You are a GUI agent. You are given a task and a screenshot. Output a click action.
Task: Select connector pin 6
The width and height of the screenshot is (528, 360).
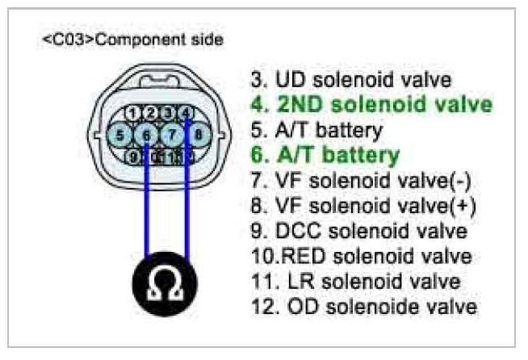(146, 133)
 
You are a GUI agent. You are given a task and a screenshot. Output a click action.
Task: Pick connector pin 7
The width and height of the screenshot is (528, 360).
(173, 133)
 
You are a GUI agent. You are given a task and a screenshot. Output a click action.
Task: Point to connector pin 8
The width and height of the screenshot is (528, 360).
(198, 133)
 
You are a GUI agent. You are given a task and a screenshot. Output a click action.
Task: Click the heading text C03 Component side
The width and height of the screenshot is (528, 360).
(132, 39)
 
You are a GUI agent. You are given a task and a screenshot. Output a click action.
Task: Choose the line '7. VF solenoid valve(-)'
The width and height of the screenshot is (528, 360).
(362, 179)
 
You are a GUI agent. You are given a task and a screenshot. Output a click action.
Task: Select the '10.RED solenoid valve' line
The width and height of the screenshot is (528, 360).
(361, 256)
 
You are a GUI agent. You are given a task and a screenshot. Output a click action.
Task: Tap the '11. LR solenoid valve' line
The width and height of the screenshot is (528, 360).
(355, 281)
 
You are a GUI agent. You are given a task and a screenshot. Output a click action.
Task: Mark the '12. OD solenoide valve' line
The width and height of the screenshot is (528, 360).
(363, 306)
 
